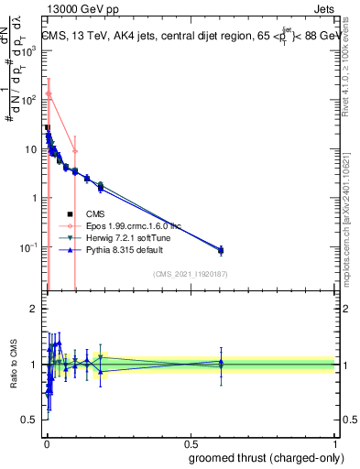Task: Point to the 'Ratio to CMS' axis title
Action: coord(14,365)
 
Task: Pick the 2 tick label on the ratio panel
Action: coord(35,309)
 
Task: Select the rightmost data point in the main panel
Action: coord(221,250)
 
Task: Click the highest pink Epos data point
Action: coord(49,93)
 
